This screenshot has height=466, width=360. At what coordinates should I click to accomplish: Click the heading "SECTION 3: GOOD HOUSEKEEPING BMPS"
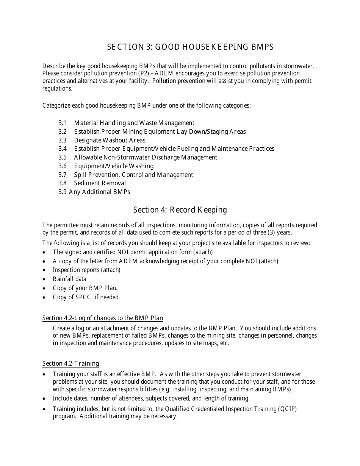(x=190, y=47)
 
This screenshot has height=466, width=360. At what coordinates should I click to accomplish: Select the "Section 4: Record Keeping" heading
(x=180, y=210)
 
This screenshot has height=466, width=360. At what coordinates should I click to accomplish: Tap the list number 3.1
(x=63, y=123)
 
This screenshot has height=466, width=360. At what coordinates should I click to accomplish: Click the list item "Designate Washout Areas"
(x=110, y=140)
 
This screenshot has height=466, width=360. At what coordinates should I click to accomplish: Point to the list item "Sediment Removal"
(x=100, y=183)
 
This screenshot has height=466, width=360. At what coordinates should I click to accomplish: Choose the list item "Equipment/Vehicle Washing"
(x=114, y=166)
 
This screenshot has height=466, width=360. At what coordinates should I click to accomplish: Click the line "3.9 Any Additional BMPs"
(x=94, y=192)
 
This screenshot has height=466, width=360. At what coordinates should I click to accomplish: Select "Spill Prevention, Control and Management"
(x=133, y=175)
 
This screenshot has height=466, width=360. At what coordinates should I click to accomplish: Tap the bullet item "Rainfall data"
(x=69, y=279)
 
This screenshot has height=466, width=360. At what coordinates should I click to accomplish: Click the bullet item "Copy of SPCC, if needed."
(x=86, y=297)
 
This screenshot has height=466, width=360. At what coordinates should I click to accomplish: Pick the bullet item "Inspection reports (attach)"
(x=86, y=270)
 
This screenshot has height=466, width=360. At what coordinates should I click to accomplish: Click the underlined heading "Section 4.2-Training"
(x=70, y=364)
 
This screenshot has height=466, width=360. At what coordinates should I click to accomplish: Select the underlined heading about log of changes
(x=103, y=318)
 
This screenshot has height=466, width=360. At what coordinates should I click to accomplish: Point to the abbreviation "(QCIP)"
(x=288, y=409)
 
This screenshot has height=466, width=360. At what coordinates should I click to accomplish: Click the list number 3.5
(x=63, y=157)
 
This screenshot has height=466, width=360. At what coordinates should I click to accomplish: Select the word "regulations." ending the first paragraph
(x=57, y=88)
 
